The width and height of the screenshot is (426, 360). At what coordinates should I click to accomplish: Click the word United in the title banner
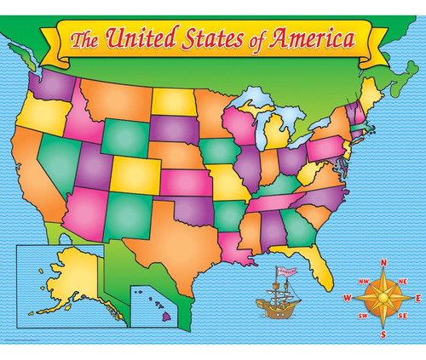pos(140,38)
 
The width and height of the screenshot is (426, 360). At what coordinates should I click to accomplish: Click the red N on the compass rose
pos(384,263)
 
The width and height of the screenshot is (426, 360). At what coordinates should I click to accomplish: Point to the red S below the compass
pos(384,333)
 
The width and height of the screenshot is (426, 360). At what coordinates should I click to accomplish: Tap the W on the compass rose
pos(348,298)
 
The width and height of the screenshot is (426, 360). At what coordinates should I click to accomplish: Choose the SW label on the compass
pos(364,317)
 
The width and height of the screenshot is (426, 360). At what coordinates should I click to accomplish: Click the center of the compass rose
pos(384,298)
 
